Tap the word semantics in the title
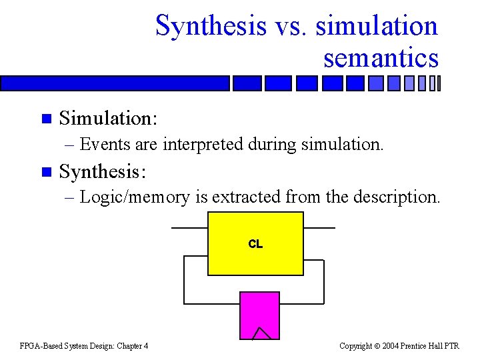coord(381,58)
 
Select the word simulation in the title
coord(377,27)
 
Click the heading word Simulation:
coord(108,119)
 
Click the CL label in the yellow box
coord(255,244)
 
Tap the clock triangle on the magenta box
coord(261,333)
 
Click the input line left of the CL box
coord(189,228)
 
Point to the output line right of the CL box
coord(319,228)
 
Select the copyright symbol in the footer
coord(377,345)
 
